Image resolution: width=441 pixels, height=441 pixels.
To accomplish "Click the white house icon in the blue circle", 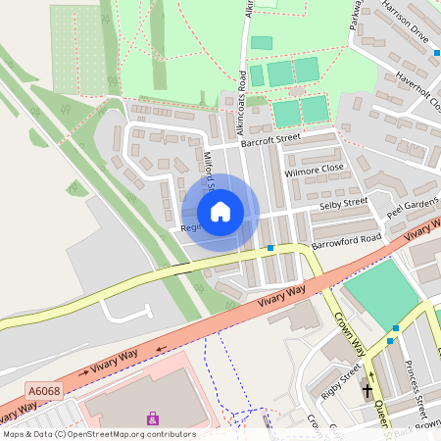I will pyautogui.click(x=220, y=212).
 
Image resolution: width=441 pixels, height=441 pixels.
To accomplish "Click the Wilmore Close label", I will pyautogui.click(x=314, y=169).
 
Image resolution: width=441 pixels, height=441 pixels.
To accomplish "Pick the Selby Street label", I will pyautogui.click(x=343, y=203).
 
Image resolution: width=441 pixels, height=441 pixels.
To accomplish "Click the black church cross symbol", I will pyautogui.click(x=368, y=390).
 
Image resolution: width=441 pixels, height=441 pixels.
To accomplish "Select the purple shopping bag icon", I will pyautogui.click(x=152, y=418).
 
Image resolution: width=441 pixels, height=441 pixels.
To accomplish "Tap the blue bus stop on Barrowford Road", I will pyautogui.click(x=270, y=248).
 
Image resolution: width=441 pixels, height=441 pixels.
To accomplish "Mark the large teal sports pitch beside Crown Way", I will pyautogui.click(x=381, y=293).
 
